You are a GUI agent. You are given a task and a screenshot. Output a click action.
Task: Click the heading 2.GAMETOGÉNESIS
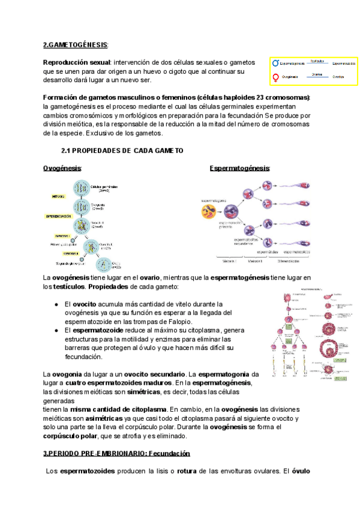point(76,44)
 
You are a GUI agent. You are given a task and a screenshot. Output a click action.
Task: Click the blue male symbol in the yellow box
point(276,63)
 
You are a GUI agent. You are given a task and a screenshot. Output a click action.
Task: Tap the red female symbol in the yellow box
point(276,77)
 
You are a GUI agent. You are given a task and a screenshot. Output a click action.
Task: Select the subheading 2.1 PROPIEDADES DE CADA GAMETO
point(122,150)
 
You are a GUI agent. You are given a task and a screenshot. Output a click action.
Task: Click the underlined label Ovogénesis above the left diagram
point(62,168)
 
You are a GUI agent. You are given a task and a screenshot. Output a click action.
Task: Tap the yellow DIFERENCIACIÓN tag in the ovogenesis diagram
point(62,215)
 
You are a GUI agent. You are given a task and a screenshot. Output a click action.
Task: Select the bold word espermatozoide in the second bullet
point(100,330)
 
